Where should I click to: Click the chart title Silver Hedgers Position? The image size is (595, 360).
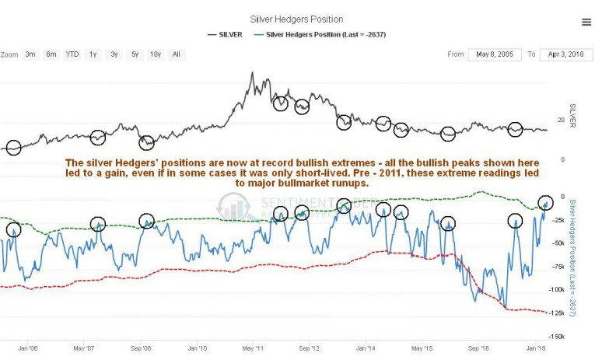(x=296, y=19)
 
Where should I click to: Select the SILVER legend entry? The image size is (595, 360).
(x=228, y=34)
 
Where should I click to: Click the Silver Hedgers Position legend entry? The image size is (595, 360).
(x=326, y=34)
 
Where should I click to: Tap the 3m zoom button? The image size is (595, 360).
(x=30, y=54)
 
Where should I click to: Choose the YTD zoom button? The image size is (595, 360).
(x=72, y=54)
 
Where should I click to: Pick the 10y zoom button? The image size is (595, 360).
(x=156, y=54)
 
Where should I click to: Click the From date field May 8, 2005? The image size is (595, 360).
(x=494, y=54)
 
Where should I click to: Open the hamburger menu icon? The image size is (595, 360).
(x=586, y=23)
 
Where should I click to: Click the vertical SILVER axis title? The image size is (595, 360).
(x=572, y=117)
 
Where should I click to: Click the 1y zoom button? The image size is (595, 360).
(x=93, y=54)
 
